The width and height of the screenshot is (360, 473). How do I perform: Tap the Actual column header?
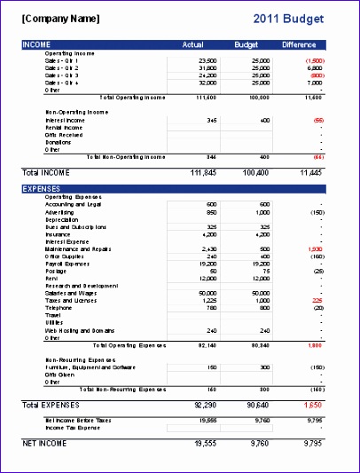(x=192, y=43)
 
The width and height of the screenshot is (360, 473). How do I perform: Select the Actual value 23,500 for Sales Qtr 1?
(x=207, y=60)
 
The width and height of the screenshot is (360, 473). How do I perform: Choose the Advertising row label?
(x=60, y=213)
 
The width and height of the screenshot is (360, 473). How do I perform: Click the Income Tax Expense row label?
(x=74, y=427)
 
